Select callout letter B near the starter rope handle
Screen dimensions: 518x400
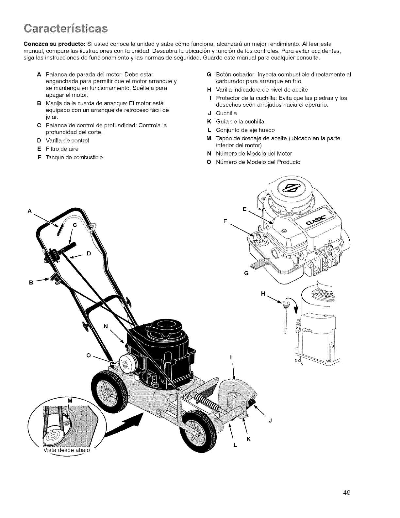pos(31,282)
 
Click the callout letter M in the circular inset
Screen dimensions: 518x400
pos(69,401)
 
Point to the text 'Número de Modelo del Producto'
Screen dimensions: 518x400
pos(258,162)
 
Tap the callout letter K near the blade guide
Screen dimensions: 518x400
pos(248,439)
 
